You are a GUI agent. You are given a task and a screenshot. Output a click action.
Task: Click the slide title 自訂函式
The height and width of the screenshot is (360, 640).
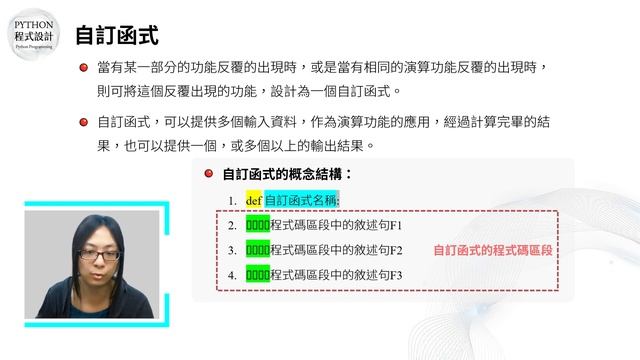[x=117, y=36]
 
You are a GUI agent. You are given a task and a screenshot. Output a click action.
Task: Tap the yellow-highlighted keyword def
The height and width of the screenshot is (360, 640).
[x=253, y=200]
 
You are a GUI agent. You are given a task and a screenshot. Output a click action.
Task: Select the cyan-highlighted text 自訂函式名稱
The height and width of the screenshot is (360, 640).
[x=301, y=200]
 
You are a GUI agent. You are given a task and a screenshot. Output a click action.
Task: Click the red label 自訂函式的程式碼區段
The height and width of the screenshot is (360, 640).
[x=493, y=249]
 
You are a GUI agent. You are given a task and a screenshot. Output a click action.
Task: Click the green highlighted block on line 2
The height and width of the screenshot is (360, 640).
[x=257, y=225]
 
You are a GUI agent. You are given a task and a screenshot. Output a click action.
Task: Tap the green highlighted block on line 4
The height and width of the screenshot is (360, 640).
[x=257, y=274]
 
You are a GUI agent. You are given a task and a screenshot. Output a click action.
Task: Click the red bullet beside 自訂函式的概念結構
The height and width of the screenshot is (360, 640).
[x=209, y=174]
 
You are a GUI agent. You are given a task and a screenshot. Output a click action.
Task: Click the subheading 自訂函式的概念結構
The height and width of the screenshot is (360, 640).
[x=287, y=174]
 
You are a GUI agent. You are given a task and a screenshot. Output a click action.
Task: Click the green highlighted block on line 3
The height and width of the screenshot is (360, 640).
[x=257, y=249]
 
